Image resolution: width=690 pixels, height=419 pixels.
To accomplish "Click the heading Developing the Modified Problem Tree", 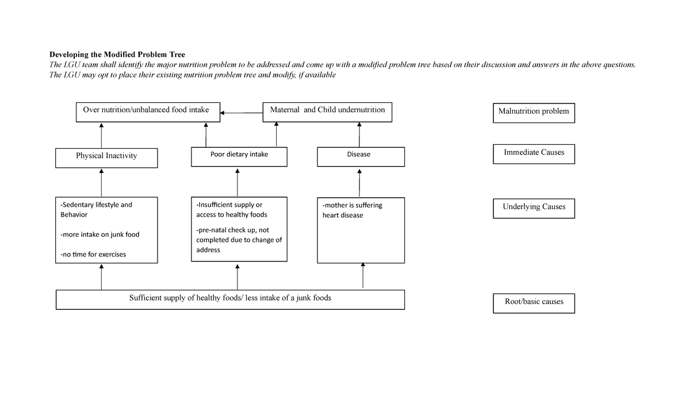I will [x=117, y=55].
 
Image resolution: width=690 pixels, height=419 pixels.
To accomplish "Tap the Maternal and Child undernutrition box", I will [x=327, y=112].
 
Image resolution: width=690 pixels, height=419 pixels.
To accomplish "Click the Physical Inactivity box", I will [x=106, y=157].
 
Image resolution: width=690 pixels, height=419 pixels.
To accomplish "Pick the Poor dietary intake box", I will [x=239, y=157].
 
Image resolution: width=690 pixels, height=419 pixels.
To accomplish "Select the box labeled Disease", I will [x=360, y=157].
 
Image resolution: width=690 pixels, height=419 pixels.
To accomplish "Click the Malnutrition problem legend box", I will [x=534, y=113].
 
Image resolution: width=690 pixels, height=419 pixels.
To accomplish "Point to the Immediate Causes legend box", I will [x=534, y=155].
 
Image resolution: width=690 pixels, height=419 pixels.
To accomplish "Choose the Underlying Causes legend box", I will [x=534, y=209].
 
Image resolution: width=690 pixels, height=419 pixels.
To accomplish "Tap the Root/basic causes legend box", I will [x=534, y=303].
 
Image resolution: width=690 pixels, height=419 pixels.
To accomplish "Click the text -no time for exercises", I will [x=93, y=254].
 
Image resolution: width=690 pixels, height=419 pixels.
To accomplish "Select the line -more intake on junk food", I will [x=100, y=235].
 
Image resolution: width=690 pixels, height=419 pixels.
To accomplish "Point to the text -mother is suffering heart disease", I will [x=352, y=210].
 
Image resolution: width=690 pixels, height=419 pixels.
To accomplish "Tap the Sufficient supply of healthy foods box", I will [x=230, y=299].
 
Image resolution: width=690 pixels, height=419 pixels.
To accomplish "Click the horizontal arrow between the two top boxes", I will [x=241, y=113].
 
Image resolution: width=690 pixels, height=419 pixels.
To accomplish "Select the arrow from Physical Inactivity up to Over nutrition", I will [x=101, y=136].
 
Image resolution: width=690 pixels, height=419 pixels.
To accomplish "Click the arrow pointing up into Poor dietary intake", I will [x=237, y=182].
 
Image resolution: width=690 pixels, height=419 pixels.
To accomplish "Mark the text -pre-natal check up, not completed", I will [x=239, y=240].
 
